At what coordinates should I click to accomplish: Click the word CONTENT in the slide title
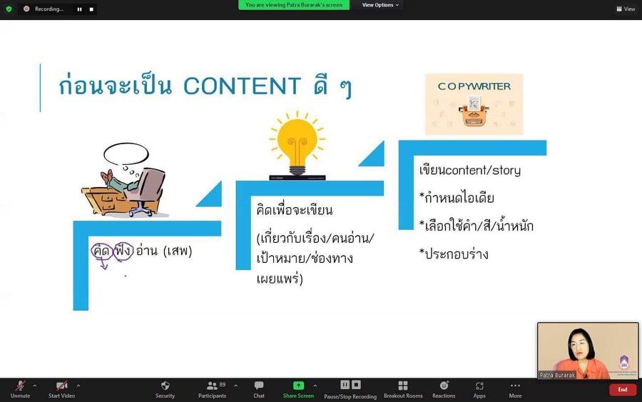point(242,86)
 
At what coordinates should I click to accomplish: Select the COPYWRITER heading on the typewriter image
point(474,86)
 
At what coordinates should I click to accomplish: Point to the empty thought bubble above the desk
point(126,154)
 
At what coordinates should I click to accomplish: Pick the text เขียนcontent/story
point(469,170)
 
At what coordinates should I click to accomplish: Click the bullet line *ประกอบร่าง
point(454,254)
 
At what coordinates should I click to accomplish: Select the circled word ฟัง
point(123,251)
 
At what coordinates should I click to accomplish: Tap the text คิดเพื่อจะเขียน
point(295,210)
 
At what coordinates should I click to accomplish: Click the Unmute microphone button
point(20,389)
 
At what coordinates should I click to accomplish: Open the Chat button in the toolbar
point(259,389)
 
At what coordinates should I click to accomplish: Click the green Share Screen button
point(298,389)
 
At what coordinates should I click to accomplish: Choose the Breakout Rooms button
point(403,389)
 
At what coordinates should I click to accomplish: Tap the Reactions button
point(444,389)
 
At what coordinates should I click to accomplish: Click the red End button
point(623,390)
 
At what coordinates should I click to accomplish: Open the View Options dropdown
point(380,5)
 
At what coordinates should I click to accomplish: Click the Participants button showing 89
point(212,389)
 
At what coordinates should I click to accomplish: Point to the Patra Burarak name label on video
point(557,375)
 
